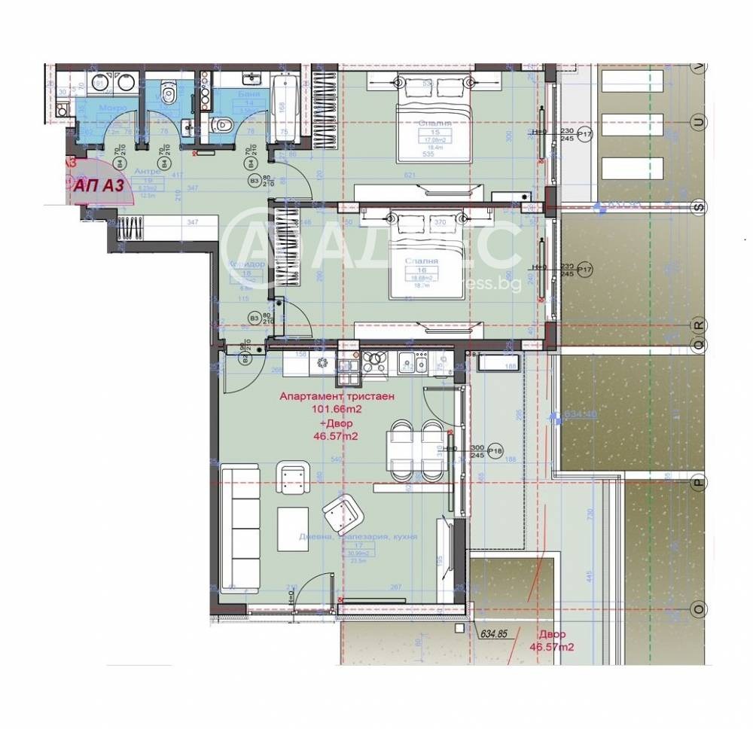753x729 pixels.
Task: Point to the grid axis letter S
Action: point(699,206)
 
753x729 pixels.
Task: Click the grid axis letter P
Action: point(699,483)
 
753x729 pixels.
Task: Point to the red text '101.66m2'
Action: point(337,410)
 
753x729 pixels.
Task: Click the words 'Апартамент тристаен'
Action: point(337,397)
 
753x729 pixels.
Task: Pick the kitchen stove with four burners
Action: point(374,363)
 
